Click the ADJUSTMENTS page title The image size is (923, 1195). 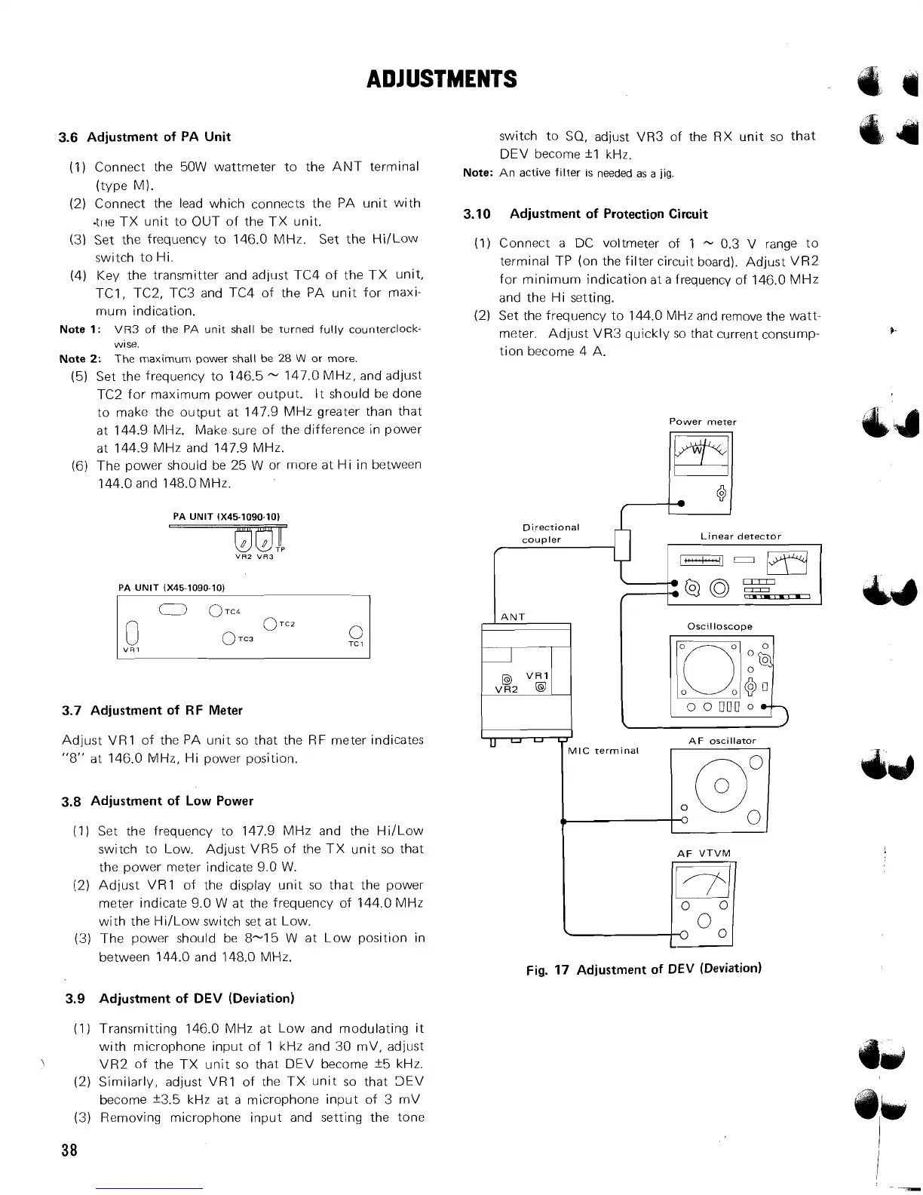point(441,78)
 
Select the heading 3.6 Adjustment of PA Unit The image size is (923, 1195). point(145,137)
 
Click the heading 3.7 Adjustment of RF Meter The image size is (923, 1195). point(152,710)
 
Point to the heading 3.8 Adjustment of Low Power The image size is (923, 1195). point(157,800)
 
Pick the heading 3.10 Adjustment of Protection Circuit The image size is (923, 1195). point(585,214)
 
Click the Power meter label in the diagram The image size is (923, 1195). point(702,422)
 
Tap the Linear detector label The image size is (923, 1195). point(741,536)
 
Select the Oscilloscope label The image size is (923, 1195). point(719,626)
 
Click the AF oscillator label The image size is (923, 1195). point(722,741)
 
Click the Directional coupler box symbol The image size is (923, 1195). point(622,545)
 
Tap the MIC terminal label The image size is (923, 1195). point(603,751)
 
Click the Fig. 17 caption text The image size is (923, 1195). point(643,969)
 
